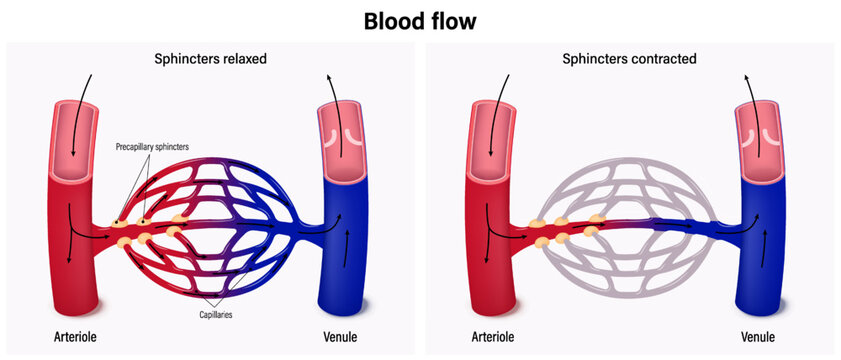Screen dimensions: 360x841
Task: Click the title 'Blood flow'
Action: [x=420, y=21]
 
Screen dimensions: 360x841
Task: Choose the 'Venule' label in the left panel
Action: [x=340, y=336]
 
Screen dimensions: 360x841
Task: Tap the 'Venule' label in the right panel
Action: [x=759, y=336]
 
